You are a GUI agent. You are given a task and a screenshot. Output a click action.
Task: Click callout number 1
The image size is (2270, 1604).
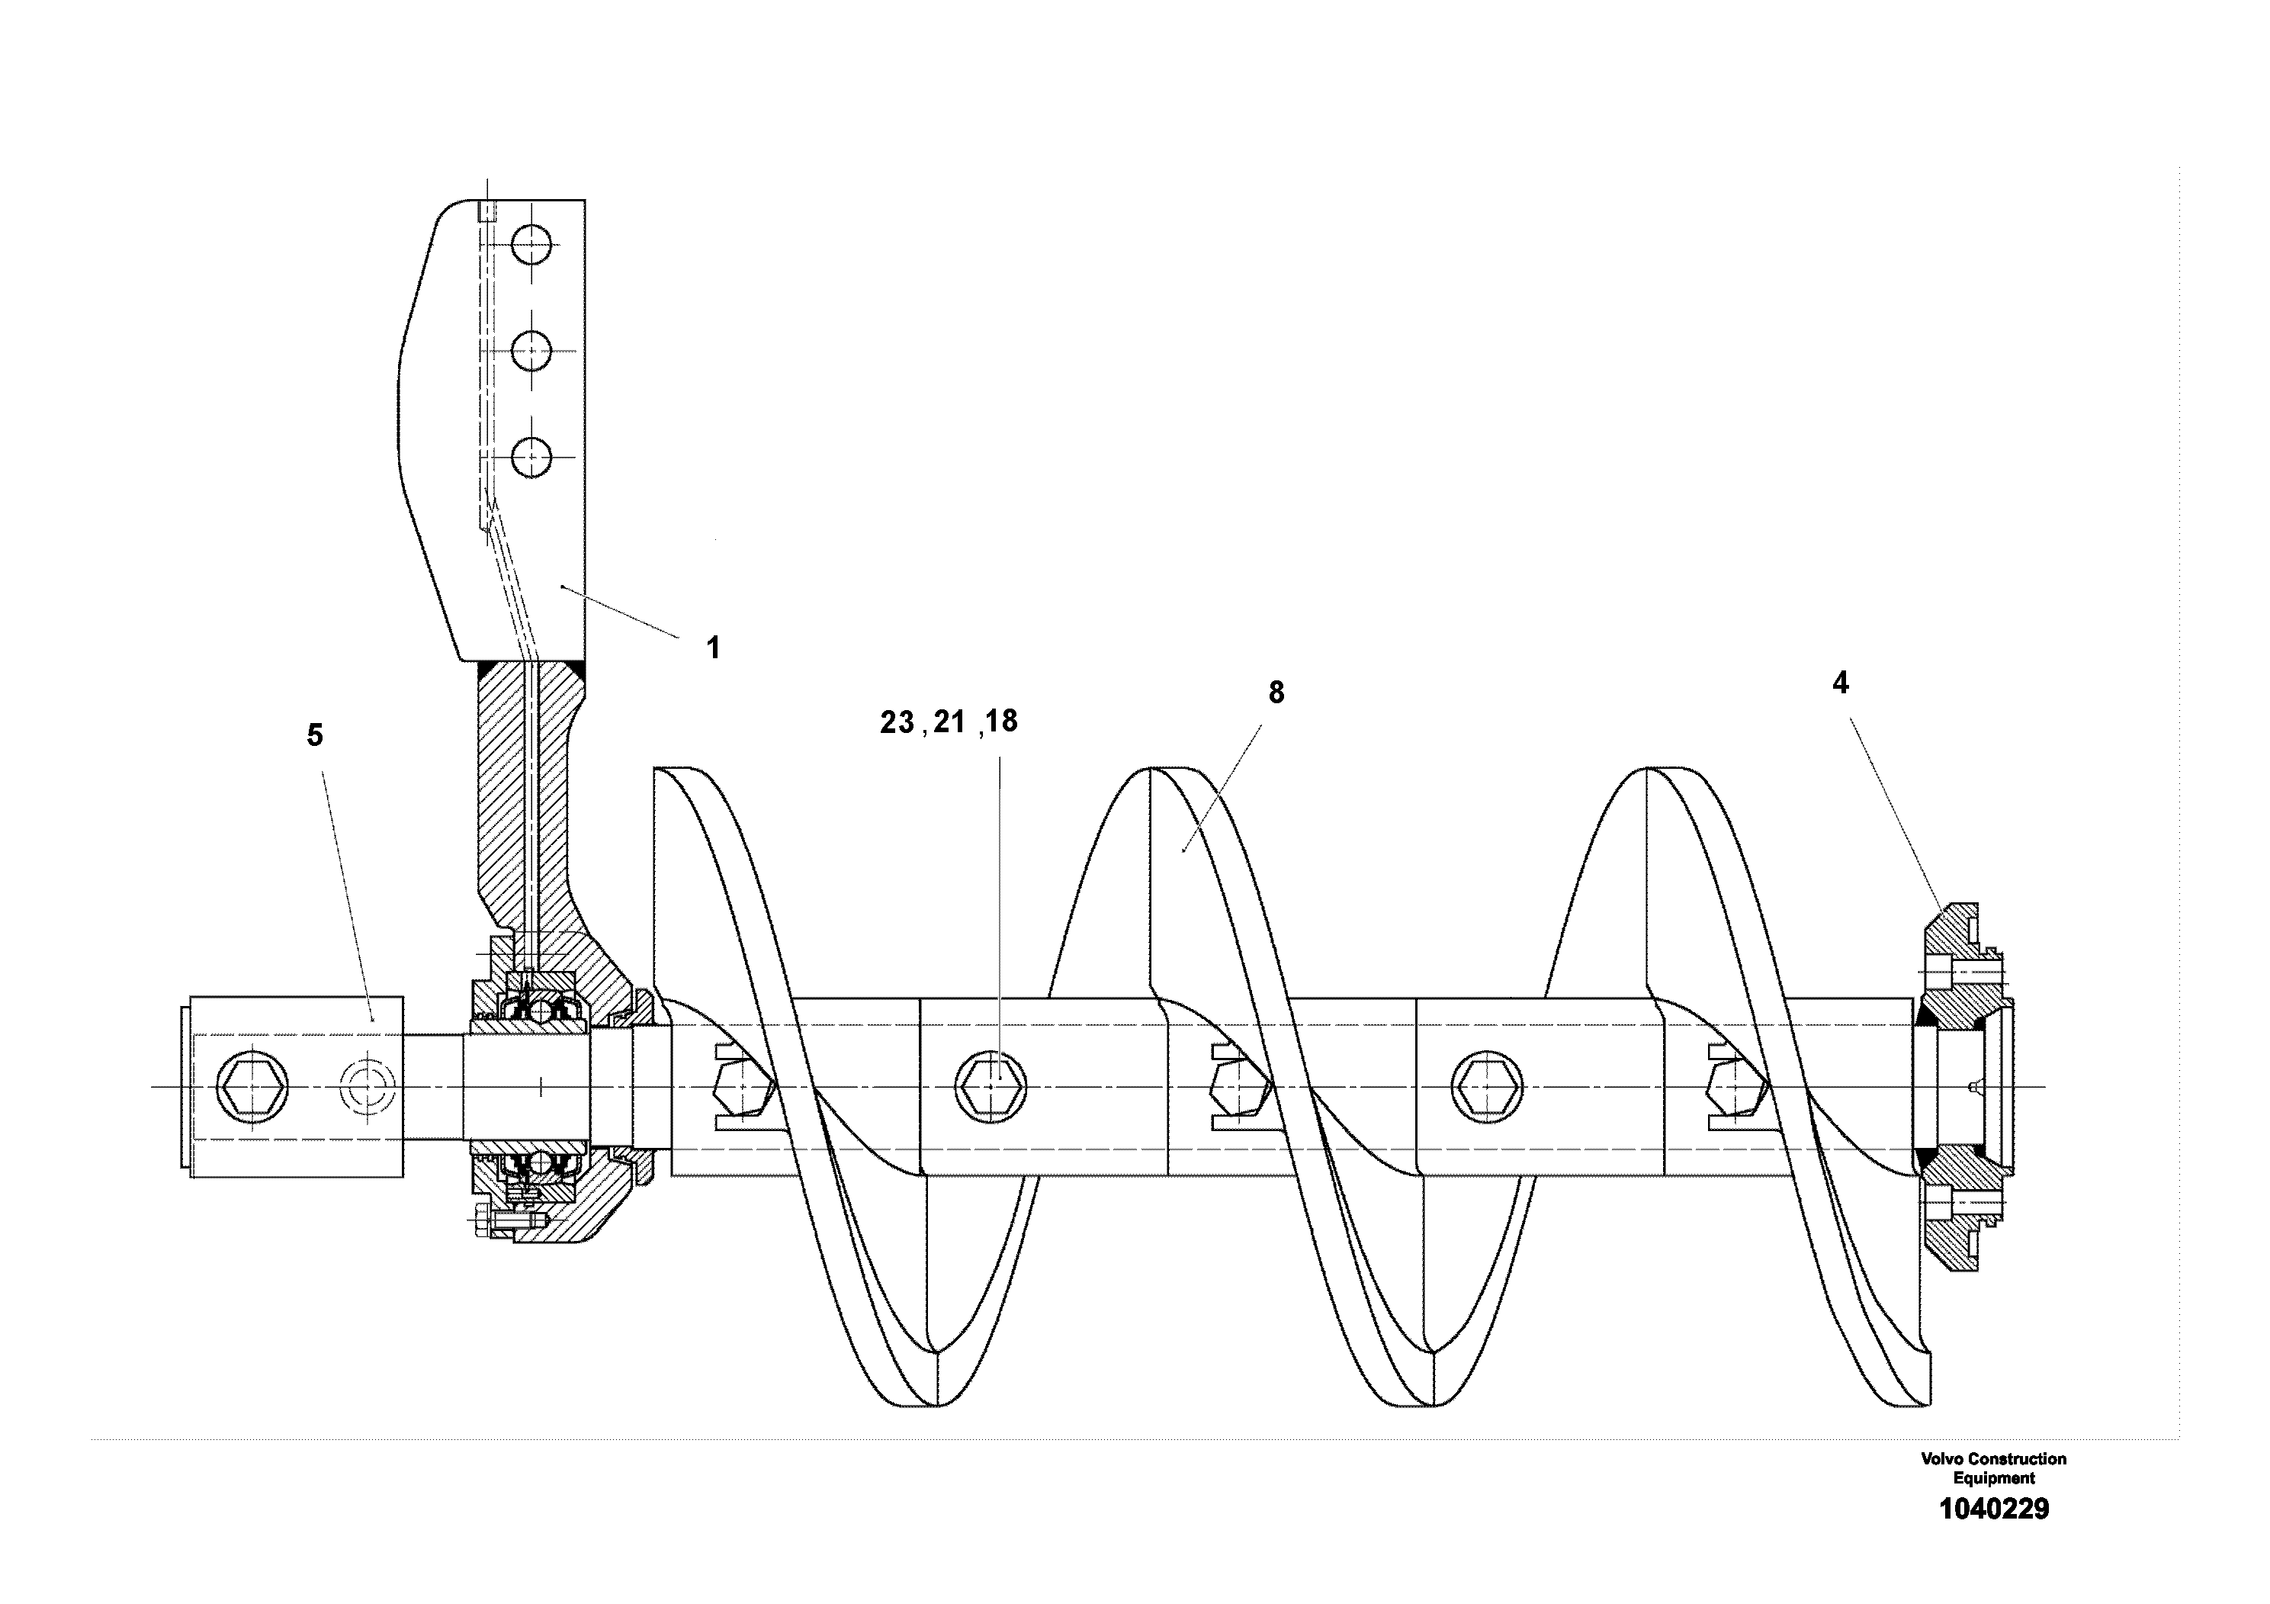713,649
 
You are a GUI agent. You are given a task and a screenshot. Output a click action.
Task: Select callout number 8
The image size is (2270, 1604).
1276,693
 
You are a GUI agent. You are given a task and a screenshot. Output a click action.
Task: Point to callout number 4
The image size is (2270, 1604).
1840,683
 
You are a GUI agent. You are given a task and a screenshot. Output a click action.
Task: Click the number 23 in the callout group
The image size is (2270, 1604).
897,723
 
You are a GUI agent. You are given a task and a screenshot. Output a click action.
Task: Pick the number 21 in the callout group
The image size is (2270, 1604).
949,723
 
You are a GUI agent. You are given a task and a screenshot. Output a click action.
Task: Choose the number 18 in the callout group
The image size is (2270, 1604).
1001,722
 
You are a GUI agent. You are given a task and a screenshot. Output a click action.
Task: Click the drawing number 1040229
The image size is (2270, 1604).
1993,1509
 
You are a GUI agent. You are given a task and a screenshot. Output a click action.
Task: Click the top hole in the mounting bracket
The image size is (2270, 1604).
532,244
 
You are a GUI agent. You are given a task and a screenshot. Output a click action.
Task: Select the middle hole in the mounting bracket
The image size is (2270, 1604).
532,350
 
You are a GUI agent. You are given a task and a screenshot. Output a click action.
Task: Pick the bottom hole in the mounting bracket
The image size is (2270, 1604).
532,457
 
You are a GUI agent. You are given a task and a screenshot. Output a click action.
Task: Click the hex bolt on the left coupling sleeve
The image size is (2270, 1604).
251,1087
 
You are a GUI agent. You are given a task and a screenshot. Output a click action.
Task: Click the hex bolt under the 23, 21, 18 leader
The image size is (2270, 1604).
991,1087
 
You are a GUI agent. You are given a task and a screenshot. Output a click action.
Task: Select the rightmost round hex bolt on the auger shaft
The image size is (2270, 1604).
1486,1087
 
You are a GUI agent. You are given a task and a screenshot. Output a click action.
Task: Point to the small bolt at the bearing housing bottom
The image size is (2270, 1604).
483,1223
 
